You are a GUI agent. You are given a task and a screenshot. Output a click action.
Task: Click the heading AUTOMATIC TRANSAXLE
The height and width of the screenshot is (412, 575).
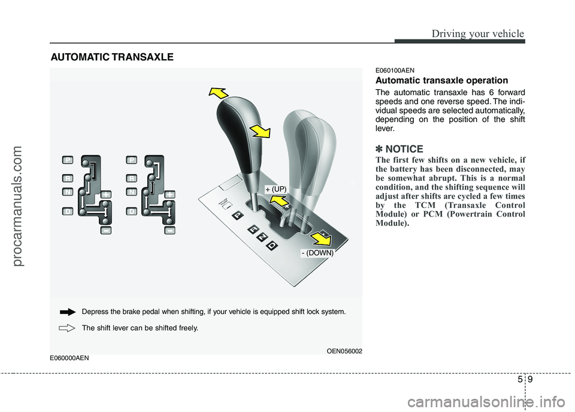(x=112, y=57)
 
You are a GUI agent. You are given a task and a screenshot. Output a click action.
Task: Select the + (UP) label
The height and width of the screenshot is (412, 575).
(x=276, y=189)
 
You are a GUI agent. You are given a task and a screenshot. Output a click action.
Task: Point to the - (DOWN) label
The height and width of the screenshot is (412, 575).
(x=317, y=253)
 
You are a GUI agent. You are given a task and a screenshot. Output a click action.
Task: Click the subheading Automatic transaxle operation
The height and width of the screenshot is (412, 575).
(x=441, y=80)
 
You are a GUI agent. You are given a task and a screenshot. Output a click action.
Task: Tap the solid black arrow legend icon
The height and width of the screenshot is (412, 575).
(x=69, y=312)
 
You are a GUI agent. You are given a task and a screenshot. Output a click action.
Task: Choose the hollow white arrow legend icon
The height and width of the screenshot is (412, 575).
(x=69, y=328)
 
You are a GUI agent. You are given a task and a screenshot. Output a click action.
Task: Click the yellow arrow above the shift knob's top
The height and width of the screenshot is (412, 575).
(x=218, y=93)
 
